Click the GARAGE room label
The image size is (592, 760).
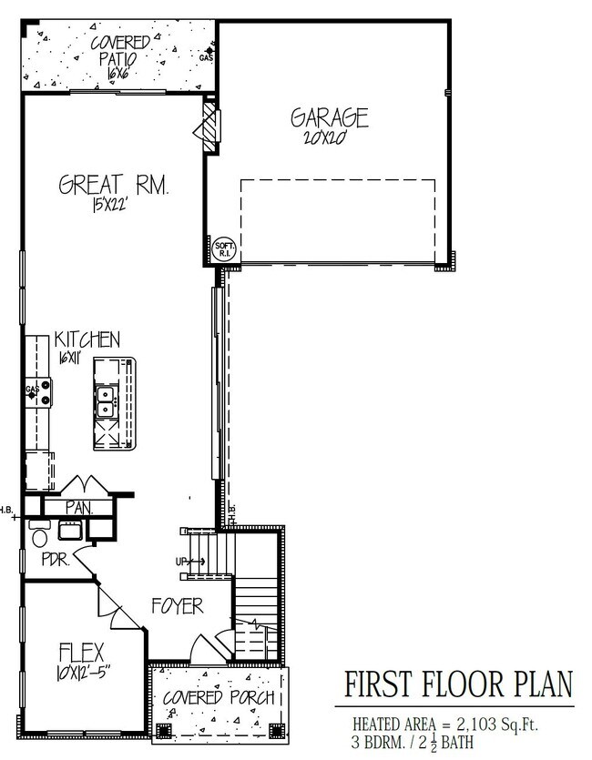[329, 118]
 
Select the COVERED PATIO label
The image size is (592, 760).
[114, 49]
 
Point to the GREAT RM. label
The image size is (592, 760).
[116, 186]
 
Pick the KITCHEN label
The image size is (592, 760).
[87, 340]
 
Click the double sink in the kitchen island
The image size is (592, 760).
[106, 399]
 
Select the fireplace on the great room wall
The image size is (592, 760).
[210, 123]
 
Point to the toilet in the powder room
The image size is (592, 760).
[38, 537]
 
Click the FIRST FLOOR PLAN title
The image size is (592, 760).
[455, 684]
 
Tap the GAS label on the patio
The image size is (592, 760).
[206, 58]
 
